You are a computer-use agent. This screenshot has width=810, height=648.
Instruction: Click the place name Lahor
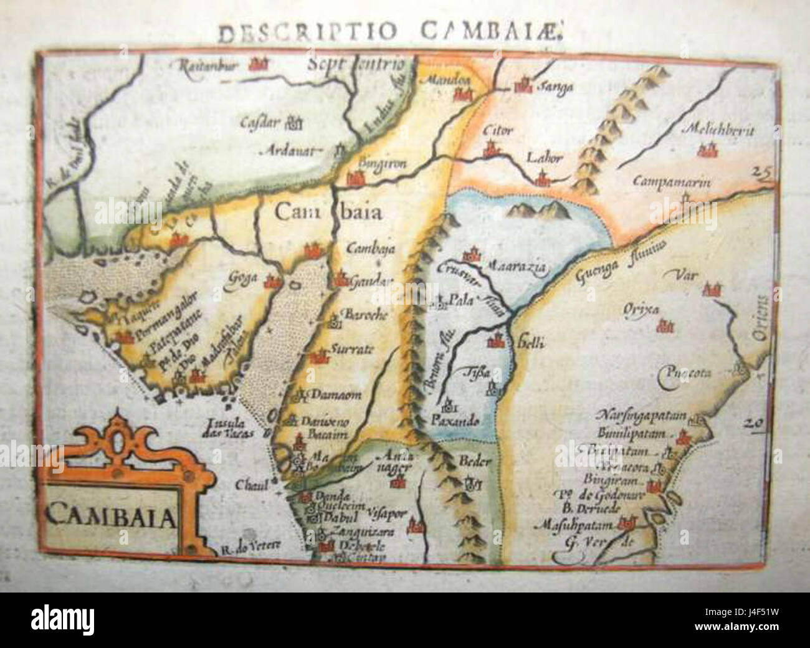click(545, 158)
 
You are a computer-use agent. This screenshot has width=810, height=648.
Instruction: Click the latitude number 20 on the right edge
click(753, 423)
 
